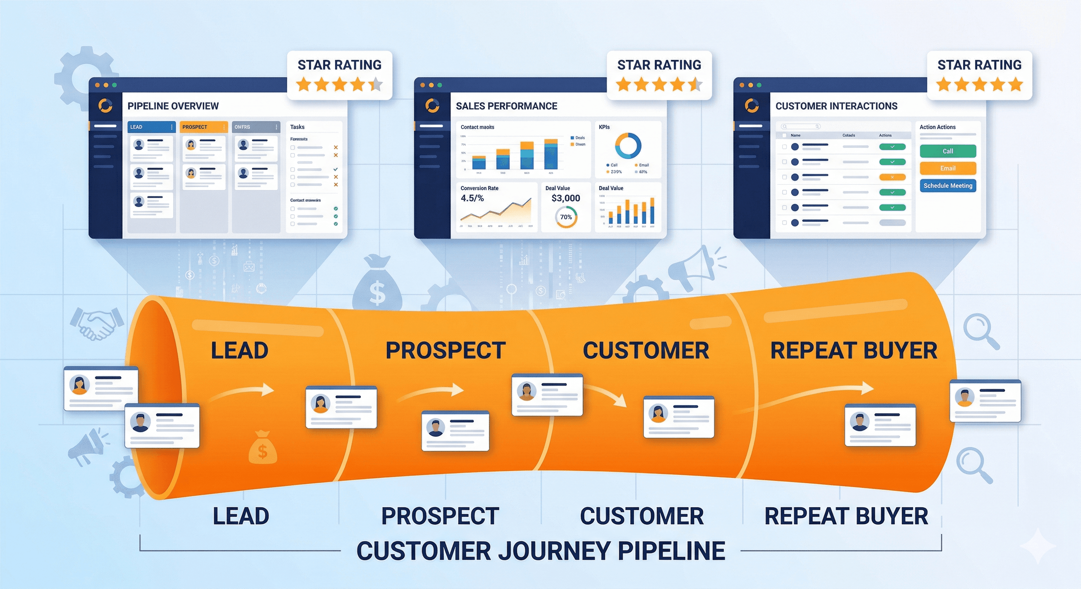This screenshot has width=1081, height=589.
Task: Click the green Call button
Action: point(947,151)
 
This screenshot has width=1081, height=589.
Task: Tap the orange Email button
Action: point(947,168)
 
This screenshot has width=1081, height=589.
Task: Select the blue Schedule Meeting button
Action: point(947,186)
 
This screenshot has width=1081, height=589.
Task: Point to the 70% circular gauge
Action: point(566,217)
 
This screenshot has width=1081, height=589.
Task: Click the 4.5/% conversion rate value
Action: point(472,198)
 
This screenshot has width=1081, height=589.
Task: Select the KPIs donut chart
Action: point(628,146)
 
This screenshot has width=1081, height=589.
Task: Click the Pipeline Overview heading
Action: point(173,106)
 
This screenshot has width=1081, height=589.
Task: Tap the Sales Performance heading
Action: point(506,106)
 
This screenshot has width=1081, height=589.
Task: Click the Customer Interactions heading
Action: point(836,106)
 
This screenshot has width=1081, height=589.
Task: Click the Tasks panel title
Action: point(297,127)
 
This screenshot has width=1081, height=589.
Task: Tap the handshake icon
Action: point(96,323)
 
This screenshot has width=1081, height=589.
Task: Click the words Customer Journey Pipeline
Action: point(540,551)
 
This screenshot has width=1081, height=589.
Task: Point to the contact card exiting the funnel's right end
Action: point(985,401)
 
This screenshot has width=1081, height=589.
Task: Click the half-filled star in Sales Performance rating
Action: point(695,85)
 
